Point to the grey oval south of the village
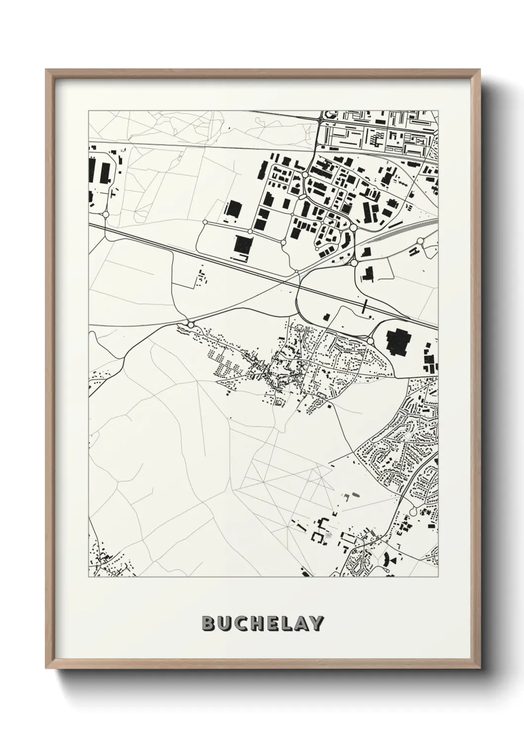point(356,495)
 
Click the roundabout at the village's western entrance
point(191,325)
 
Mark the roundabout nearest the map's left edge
point(105,214)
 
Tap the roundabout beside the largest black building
point(370,341)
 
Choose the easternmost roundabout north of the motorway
point(420,241)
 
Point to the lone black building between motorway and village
point(325,317)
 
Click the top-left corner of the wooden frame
point(46,70)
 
